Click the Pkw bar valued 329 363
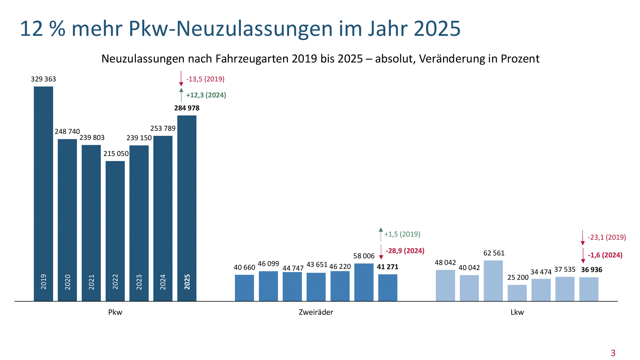point(43,193)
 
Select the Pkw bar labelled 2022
point(115,229)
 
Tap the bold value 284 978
point(187,108)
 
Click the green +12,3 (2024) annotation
point(206,95)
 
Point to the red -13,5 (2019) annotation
point(205,79)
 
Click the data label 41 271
point(387,267)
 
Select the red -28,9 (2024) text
point(405,251)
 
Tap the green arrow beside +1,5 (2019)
point(381,234)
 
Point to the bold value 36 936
point(592,270)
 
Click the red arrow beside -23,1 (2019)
point(583,237)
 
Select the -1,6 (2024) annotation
point(605,255)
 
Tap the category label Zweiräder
point(316,312)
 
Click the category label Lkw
point(517,312)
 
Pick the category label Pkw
point(115,312)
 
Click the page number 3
point(613,353)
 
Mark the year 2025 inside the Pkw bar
point(187,282)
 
